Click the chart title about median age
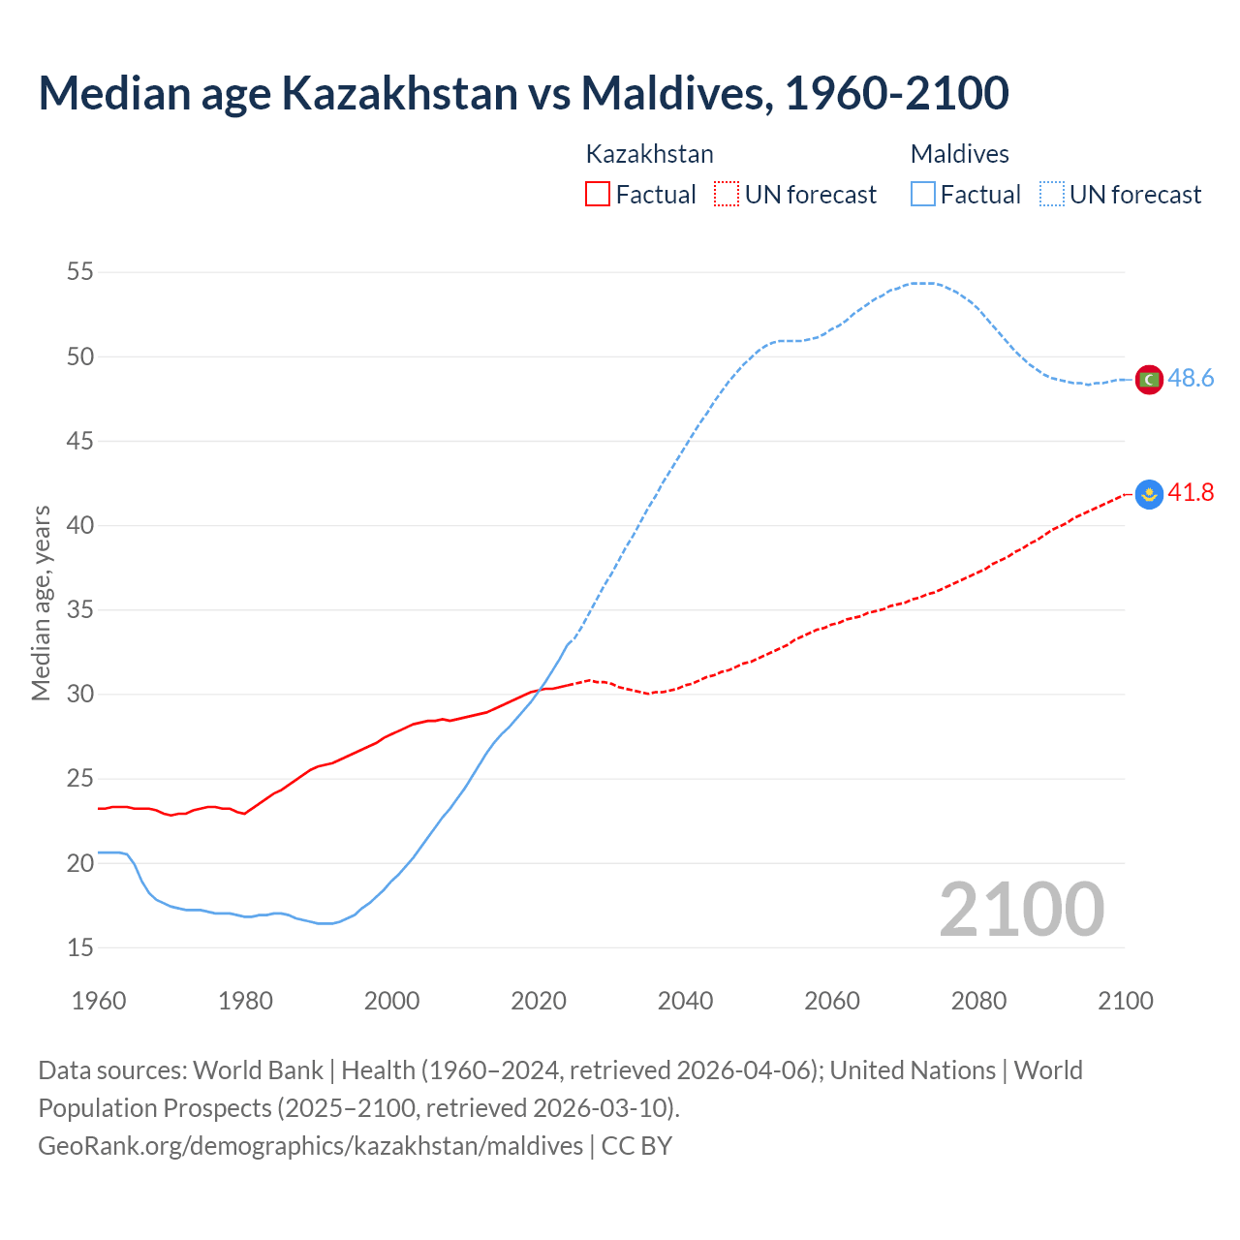523,93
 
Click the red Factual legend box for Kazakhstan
598,195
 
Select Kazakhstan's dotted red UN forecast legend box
727,195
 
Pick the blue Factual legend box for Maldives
923,195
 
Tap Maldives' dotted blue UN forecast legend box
1052,195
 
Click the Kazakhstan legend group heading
649,154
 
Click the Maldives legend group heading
959,154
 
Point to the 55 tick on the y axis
80,272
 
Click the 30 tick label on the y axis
80,695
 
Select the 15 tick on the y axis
80,947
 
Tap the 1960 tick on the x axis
99,1001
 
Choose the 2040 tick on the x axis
685,1001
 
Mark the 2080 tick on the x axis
978,1001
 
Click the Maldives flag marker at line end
1149,380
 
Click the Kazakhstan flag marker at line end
1149,494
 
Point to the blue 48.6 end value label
1191,379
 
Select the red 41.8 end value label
1191,493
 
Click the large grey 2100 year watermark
1021,910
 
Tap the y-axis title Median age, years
41,603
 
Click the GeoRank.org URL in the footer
310,1146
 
